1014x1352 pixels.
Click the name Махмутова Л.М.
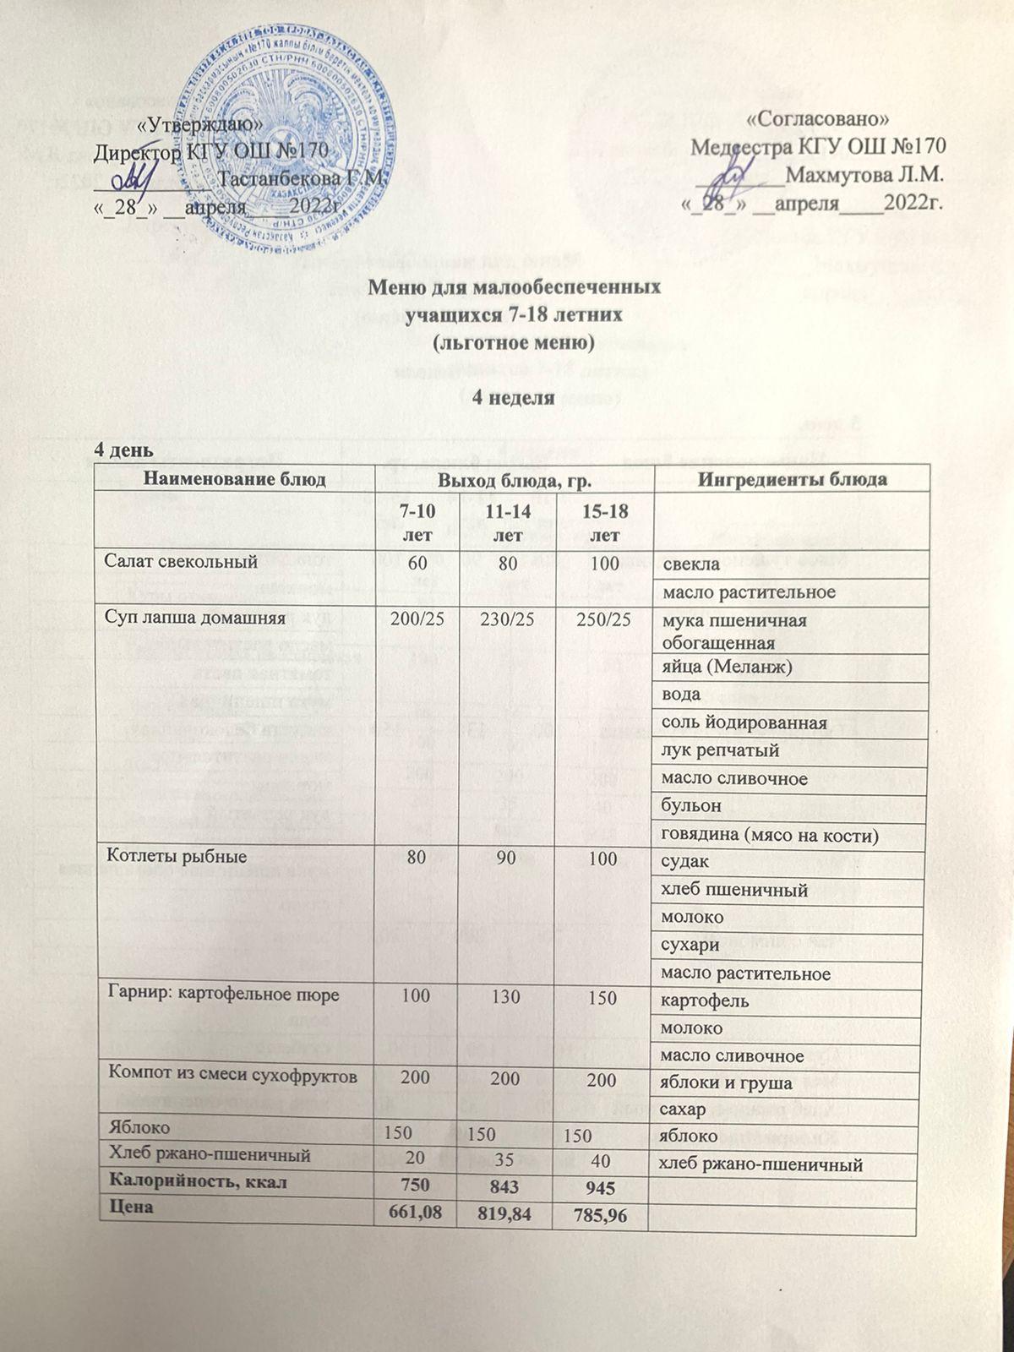tap(863, 177)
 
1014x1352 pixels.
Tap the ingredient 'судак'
tap(686, 862)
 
